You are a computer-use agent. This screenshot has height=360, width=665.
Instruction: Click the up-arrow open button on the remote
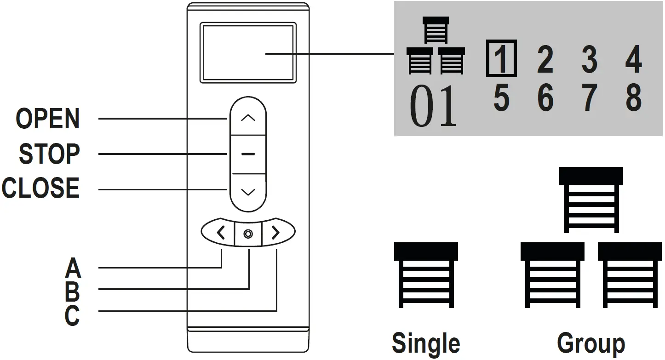point(248,118)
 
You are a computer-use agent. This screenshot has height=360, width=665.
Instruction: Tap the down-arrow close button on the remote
point(248,192)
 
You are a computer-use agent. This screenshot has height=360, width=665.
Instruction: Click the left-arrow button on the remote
point(221,234)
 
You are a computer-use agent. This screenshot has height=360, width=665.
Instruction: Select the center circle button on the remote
point(248,234)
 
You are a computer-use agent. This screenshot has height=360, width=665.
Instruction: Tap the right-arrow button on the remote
point(276,234)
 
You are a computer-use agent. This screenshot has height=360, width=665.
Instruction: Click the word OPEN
point(48,119)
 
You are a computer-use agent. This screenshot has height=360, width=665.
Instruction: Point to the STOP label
point(49,154)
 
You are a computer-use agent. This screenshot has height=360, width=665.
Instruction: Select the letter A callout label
point(73,268)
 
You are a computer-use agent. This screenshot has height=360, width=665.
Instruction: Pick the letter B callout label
point(73,291)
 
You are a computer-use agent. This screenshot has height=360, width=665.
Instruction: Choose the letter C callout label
point(73,315)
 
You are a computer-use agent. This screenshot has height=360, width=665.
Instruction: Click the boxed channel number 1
point(501,59)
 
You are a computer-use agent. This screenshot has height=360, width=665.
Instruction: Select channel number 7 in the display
point(590,98)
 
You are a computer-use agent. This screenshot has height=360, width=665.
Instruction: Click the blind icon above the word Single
point(426,275)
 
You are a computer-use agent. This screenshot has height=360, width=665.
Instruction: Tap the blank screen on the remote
point(247,53)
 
